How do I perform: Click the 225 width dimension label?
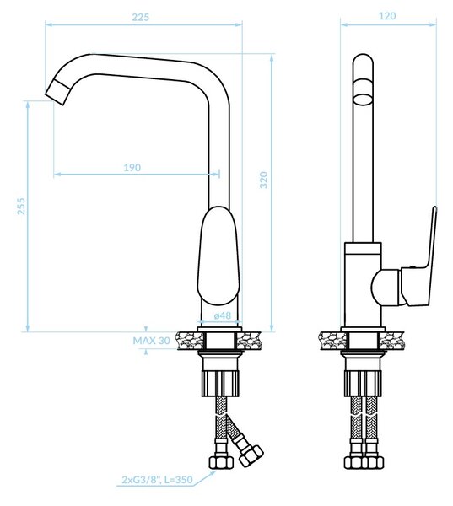pos(140,17)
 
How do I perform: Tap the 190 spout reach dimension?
pos(132,168)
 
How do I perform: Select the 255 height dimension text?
pos(21,207)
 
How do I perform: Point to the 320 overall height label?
pos(264,180)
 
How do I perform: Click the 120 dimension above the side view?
pos(387,16)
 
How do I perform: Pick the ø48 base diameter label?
pos(223,315)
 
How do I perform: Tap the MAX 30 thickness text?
pos(152,341)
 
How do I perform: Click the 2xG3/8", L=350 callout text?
pos(157,480)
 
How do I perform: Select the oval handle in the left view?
pos(219,256)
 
